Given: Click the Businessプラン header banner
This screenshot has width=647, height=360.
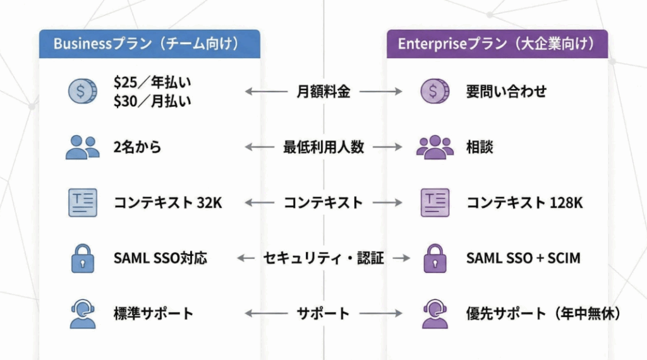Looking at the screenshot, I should click(149, 44).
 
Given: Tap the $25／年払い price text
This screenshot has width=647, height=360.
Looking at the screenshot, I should click(152, 82).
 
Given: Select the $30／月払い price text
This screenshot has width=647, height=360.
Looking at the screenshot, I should click(152, 100).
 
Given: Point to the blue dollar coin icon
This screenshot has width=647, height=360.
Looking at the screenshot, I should click(82, 92).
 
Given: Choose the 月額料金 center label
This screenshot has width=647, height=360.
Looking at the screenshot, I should click(323, 92).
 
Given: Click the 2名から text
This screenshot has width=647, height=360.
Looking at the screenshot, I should click(137, 147).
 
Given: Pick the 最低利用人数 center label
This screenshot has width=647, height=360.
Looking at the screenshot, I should click(323, 147).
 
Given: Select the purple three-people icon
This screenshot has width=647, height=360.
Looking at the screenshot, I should click(435, 147).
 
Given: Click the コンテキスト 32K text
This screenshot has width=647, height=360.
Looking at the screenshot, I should click(167, 203).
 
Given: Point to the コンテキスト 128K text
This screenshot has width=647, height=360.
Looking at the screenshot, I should click(524, 203).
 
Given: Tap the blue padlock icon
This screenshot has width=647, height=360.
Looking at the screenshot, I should click(82, 258).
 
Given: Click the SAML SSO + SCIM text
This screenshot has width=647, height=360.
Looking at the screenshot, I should click(523, 258).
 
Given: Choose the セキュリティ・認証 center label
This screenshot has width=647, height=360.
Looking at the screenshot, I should click(323, 258).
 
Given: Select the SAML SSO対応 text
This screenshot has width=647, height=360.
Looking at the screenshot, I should click(160, 258).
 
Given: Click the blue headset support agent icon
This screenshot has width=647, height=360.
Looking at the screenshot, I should click(82, 314).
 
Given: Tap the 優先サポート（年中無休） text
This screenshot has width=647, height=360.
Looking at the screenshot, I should click(543, 314).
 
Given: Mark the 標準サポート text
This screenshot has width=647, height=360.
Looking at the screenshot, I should click(154, 314).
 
